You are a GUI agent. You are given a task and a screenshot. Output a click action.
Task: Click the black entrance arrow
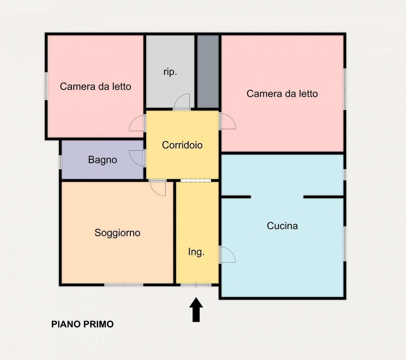click(x=196, y=310)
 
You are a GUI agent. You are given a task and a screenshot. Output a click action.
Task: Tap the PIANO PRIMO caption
click(x=82, y=324)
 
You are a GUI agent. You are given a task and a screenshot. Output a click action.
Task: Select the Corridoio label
click(x=182, y=145)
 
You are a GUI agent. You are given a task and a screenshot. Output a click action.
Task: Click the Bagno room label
click(x=102, y=160)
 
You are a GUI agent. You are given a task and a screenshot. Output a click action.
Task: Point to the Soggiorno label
click(x=117, y=233)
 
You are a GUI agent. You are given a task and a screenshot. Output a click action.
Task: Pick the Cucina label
click(x=282, y=226)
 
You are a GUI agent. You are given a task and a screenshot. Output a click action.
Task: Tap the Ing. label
click(x=196, y=252)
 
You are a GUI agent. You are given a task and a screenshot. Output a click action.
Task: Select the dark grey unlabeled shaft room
click(x=208, y=71)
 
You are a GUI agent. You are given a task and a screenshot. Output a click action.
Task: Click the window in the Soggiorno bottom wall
click(x=124, y=285)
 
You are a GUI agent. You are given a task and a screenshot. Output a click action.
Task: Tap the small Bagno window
click(x=60, y=162)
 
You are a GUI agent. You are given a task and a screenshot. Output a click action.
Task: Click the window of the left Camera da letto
click(x=46, y=86)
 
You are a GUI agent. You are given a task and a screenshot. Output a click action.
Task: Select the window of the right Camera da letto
click(x=345, y=89)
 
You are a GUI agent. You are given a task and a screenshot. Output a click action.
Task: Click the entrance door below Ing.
click(x=196, y=285)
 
